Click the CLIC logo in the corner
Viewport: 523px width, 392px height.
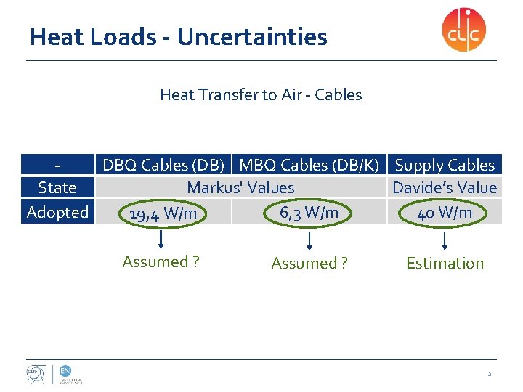coord(463,30)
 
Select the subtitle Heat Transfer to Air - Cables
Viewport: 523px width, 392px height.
coord(261,94)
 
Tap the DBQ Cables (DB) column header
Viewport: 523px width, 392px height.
coord(167,166)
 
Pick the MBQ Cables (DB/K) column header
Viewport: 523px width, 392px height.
coord(309,166)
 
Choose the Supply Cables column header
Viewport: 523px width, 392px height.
coord(445,166)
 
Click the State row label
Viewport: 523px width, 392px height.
coord(57,188)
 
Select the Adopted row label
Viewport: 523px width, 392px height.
coord(57,212)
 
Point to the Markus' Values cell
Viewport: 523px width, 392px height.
coord(240,188)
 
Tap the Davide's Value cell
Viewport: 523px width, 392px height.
coord(445,188)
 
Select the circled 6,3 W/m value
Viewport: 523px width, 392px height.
coord(309,212)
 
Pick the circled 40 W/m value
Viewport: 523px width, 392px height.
coord(445,212)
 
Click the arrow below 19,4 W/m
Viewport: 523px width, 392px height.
coord(161,239)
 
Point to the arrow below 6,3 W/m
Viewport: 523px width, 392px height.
coord(309,239)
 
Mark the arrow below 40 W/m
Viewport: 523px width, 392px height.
coord(445,239)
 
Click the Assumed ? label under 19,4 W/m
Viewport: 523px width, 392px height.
coord(161,262)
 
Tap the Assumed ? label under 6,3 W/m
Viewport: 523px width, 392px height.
coord(309,264)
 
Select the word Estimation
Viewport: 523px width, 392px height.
coord(445,264)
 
